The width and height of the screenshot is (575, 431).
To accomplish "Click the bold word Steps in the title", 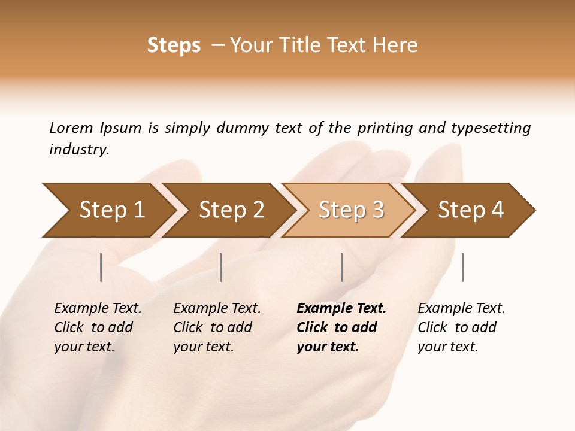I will tap(174, 45).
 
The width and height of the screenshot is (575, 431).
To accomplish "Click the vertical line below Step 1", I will tap(101, 267).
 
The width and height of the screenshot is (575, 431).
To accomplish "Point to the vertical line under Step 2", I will tap(221, 267).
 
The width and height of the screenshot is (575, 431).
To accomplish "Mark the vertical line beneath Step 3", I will tap(342, 267).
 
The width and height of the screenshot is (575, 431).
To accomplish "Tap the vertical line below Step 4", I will tap(463, 267).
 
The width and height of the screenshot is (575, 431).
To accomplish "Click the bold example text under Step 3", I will tap(341, 327).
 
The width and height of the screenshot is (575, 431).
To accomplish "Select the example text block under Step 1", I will tap(98, 327).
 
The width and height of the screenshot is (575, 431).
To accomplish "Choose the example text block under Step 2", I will tap(217, 327).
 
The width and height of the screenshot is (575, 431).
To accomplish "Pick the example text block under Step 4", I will tap(461, 327).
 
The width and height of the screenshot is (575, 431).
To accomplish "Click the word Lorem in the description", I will tap(71, 128).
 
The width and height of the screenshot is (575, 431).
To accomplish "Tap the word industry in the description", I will tap(79, 150).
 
